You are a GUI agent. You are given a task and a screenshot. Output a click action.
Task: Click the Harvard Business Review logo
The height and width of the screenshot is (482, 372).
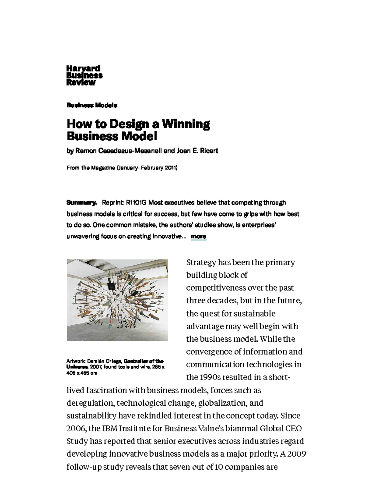pyautogui.click(x=84, y=75)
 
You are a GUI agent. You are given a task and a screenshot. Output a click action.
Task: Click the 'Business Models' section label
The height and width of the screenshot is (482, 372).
pyautogui.click(x=92, y=105)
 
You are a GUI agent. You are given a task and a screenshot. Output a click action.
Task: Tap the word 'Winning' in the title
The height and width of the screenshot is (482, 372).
pyautogui.click(x=186, y=124)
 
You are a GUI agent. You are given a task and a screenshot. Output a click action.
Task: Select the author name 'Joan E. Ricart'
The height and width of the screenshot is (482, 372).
pyautogui.click(x=197, y=151)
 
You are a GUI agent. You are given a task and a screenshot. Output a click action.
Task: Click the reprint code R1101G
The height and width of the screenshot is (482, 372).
pyautogui.click(x=136, y=203)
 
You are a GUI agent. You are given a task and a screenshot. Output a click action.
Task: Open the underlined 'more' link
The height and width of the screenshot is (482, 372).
pyautogui.click(x=198, y=236)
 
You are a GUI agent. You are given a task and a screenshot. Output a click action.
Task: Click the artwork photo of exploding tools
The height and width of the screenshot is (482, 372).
pyautogui.click(x=117, y=300)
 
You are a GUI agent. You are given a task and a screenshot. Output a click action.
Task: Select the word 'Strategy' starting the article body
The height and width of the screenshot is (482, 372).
pyautogui.click(x=201, y=263)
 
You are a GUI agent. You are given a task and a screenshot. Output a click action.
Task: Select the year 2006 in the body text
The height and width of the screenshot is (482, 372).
pyautogui.click(x=76, y=429)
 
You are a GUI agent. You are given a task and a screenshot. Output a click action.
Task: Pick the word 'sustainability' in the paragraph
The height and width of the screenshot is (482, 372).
pyautogui.click(x=91, y=416)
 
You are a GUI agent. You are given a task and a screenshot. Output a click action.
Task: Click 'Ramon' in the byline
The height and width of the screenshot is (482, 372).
pyautogui.click(x=86, y=151)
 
